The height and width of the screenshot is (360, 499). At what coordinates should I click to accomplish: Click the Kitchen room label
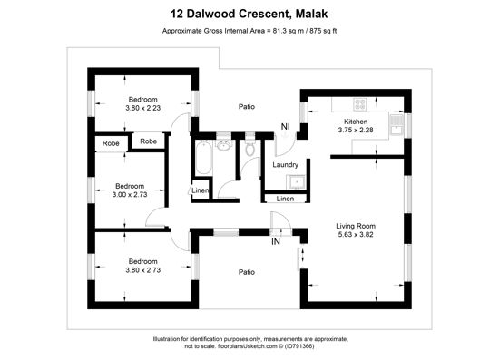click(356, 122)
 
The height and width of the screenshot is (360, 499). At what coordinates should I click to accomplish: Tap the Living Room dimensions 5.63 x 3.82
click(356, 235)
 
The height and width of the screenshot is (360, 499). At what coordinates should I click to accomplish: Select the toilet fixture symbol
click(250, 148)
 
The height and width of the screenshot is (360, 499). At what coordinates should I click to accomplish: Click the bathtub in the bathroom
click(203, 158)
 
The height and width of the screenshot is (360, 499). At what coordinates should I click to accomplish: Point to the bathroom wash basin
click(224, 145)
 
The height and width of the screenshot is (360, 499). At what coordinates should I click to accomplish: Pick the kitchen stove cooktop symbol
click(359, 104)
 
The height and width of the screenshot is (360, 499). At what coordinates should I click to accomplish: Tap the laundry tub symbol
click(296, 182)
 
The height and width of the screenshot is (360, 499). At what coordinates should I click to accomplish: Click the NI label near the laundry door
click(286, 127)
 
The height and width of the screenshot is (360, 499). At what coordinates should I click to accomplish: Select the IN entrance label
click(276, 242)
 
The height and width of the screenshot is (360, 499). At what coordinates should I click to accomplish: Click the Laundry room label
click(285, 165)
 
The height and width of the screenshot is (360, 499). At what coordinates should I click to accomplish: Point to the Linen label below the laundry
click(285, 199)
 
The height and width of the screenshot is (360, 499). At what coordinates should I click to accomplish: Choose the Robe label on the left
click(111, 143)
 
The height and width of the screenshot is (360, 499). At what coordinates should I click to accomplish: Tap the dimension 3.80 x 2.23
click(142, 108)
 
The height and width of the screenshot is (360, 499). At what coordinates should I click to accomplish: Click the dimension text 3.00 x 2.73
click(130, 195)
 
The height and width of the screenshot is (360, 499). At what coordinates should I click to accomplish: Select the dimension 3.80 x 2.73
click(142, 270)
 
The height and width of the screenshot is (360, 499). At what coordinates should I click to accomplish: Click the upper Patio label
click(247, 106)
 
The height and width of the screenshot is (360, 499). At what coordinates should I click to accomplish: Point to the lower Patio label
click(247, 272)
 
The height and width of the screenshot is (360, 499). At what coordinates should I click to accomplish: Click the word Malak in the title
click(311, 14)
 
